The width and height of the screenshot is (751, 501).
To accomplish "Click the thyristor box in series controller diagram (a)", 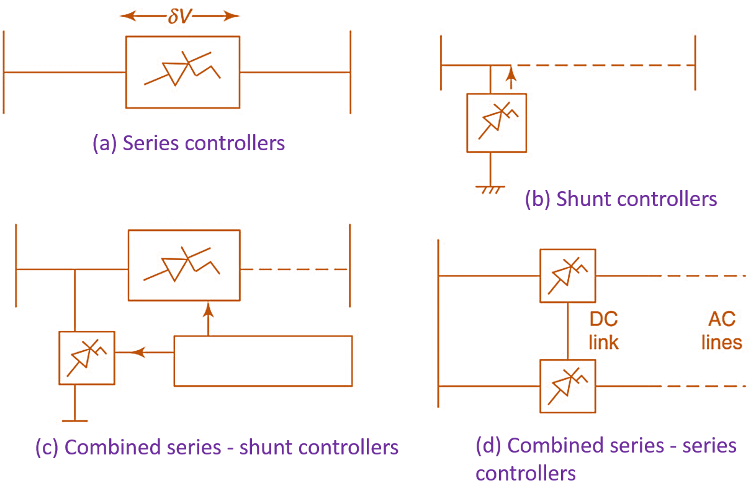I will pyautogui.click(x=182, y=72).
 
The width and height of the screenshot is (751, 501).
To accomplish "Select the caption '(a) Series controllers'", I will pyautogui.click(x=189, y=143).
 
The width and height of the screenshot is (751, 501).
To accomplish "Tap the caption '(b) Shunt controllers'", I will pyautogui.click(x=621, y=199).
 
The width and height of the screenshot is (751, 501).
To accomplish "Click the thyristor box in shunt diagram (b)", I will pyautogui.click(x=496, y=122).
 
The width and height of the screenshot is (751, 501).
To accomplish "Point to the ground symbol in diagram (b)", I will pyautogui.click(x=490, y=187).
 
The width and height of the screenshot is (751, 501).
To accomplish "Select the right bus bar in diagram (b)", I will pyautogui.click(x=695, y=62).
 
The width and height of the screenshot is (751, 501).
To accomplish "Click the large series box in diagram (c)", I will pyautogui.click(x=184, y=265).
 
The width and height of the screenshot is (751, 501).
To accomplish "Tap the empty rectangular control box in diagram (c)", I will pyautogui.click(x=263, y=361).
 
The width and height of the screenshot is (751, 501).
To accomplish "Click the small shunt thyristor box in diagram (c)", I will pyautogui.click(x=86, y=358).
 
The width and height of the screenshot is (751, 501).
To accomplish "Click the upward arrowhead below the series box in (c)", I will pyautogui.click(x=208, y=309).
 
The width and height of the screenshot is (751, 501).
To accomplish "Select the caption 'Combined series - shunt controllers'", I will pyautogui.click(x=217, y=447).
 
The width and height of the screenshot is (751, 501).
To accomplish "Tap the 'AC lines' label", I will pyautogui.click(x=721, y=330).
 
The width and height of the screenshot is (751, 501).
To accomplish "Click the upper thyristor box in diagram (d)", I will pyautogui.click(x=567, y=276).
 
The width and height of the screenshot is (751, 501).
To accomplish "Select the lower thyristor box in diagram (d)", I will pyautogui.click(x=567, y=386).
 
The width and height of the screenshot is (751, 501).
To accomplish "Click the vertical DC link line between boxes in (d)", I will pyautogui.click(x=567, y=330).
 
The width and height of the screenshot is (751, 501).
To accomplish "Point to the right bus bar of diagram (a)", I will pyautogui.click(x=350, y=72).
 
